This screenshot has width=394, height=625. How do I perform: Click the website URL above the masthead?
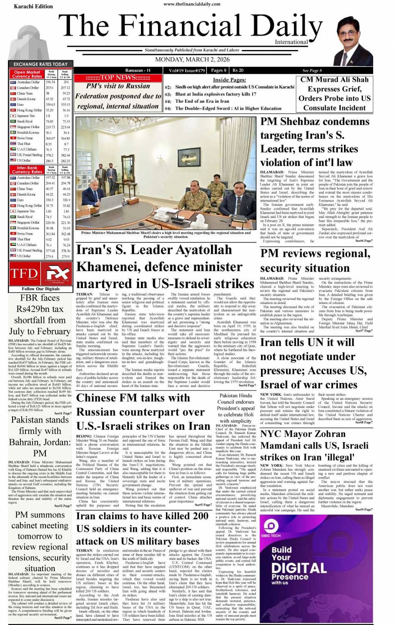[192, 4]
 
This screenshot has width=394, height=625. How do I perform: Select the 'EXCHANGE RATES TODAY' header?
[40, 64]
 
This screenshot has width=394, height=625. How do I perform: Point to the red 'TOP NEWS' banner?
[118, 78]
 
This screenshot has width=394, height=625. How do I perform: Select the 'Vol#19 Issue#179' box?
[187, 70]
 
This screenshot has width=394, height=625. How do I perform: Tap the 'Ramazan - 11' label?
[138, 70]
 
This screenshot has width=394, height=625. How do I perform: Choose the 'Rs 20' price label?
[238, 70]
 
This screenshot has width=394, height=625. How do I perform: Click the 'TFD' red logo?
[24, 274]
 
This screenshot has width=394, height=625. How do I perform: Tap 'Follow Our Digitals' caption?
[40, 289]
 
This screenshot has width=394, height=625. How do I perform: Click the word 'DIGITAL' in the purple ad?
[299, 568]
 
